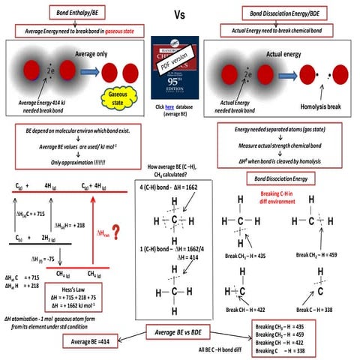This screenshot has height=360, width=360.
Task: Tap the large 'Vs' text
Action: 179,14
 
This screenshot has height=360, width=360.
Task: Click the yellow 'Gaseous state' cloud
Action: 123,94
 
